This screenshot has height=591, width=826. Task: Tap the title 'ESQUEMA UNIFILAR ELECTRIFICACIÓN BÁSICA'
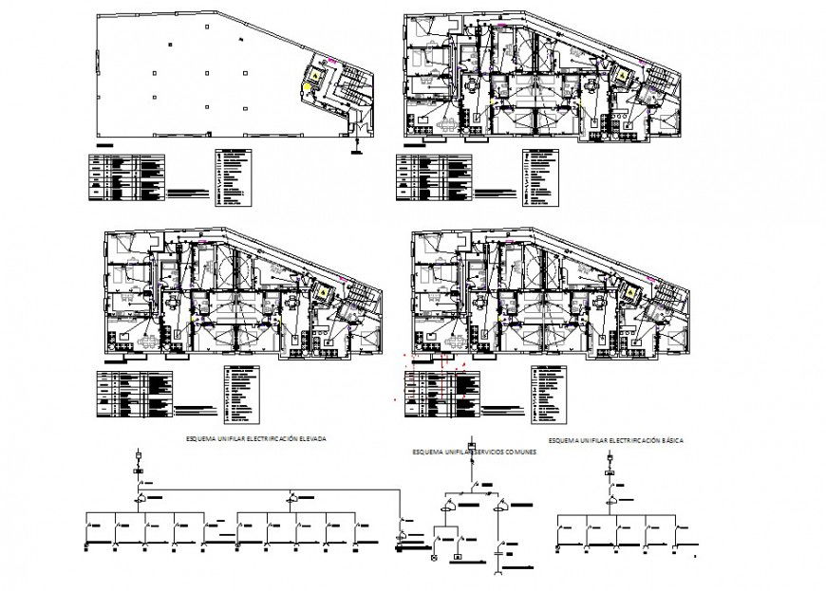[x=617, y=441]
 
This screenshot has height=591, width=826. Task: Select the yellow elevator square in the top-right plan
[x=624, y=75]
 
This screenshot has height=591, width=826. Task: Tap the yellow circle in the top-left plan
[x=306, y=88]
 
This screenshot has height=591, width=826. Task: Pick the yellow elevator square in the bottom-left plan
[x=324, y=292]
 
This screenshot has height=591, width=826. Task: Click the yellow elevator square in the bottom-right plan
[x=629, y=292]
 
